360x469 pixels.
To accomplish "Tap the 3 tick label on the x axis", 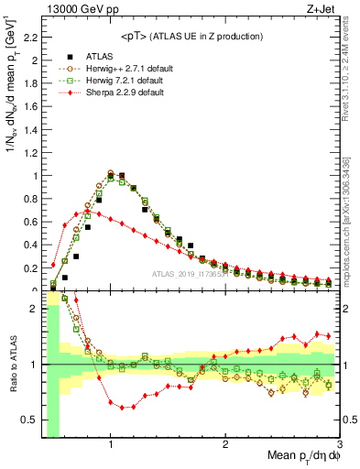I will click(x=340, y=446).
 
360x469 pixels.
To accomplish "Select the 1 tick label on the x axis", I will click(x=110, y=446).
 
